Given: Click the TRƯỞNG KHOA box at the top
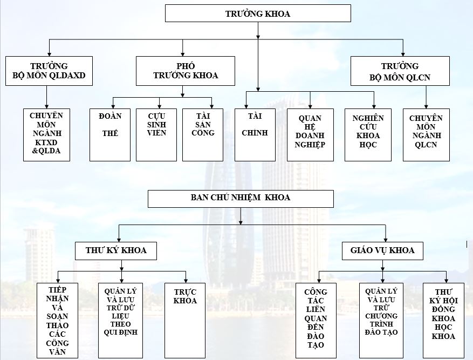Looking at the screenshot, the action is point(258,13).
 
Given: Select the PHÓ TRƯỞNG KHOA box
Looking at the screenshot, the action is point(185,71).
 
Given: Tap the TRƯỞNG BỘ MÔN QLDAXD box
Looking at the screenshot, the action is point(49,71).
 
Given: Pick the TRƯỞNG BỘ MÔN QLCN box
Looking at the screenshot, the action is point(400,71).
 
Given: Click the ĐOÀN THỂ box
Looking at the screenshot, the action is point(110,135).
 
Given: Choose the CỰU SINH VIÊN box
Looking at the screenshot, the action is point(156,135).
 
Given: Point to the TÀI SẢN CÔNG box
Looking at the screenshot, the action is point(203,135).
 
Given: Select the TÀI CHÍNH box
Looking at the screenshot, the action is point(255,135).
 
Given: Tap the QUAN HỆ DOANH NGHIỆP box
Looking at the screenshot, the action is point(310,135).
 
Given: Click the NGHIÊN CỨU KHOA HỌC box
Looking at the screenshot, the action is point(368,135).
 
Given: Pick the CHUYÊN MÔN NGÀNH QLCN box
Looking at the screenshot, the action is point(426,135).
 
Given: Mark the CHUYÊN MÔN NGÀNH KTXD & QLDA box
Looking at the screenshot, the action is point(46,135).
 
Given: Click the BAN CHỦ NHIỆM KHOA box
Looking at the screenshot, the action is point(241,199).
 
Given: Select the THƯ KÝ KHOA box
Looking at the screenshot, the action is point(116,251).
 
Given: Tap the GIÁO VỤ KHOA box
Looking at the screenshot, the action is point(382,251).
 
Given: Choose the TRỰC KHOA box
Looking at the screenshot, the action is point(185,321).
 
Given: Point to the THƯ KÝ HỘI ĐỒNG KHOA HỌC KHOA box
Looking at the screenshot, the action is point(443,321).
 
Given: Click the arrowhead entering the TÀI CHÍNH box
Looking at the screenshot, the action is point(246,106).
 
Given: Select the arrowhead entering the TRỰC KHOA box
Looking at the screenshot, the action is point(186,281).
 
